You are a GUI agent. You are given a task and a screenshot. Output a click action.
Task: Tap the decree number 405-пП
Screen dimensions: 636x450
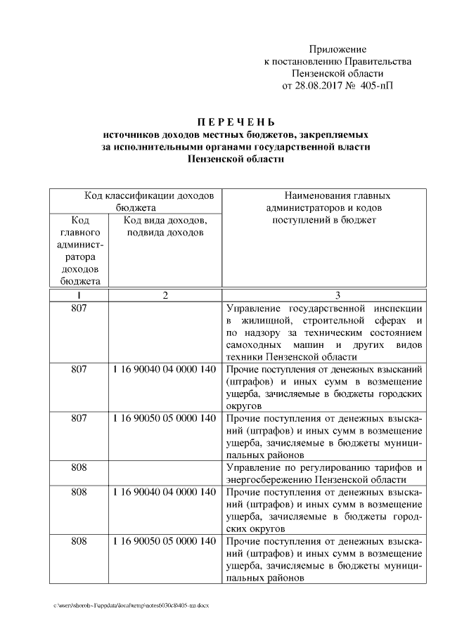tap(377, 86)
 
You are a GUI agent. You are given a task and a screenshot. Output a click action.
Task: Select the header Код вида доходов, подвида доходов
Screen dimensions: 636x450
tap(165, 226)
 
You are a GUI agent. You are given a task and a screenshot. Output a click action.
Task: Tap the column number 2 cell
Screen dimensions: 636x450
tap(165, 296)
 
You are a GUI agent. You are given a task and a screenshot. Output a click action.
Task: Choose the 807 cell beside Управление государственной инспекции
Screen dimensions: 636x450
tap(79, 309)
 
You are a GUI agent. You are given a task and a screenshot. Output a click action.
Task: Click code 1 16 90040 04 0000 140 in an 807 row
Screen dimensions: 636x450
tap(165, 368)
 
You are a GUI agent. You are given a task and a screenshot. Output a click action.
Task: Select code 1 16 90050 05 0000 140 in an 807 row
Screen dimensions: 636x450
tap(165, 418)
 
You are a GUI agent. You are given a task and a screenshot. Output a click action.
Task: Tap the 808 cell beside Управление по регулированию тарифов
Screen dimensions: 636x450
tap(79, 468)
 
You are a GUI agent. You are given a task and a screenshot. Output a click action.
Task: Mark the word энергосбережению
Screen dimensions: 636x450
tap(269, 480)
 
